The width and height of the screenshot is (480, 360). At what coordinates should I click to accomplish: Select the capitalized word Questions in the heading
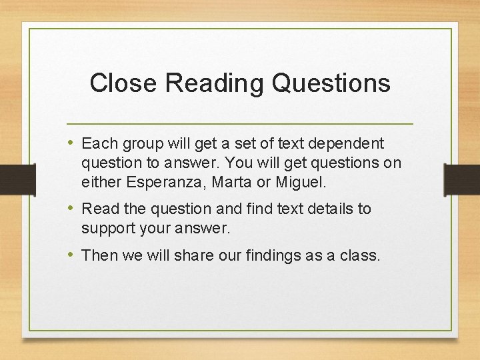click(x=331, y=83)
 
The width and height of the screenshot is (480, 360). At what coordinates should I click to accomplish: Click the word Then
click(x=99, y=255)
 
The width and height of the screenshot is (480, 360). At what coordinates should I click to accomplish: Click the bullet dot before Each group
click(x=71, y=143)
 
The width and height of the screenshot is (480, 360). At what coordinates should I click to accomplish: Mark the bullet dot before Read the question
click(x=71, y=208)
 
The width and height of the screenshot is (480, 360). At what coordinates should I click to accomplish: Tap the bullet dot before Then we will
click(x=71, y=255)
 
